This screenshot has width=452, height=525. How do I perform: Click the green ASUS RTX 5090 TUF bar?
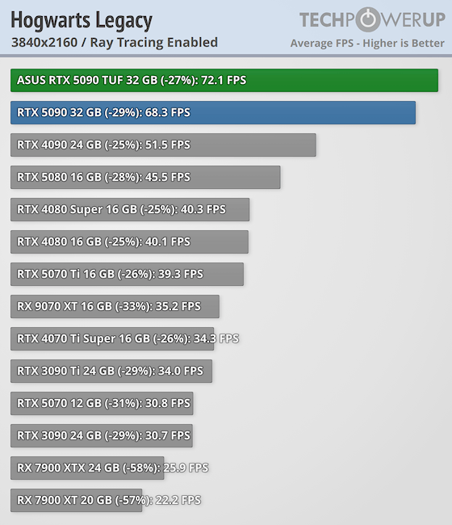pyautogui.click(x=224, y=80)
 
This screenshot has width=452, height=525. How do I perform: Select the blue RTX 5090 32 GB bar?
pyautogui.click(x=213, y=113)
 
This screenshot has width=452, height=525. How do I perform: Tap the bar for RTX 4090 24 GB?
pyautogui.click(x=163, y=145)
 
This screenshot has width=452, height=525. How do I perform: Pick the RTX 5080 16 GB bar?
pyautogui.click(x=145, y=178)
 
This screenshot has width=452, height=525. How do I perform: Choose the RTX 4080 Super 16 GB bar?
pyautogui.click(x=130, y=210)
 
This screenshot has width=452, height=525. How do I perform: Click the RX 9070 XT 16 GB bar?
pyautogui.click(x=115, y=306)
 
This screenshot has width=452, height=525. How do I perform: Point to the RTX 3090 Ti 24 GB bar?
pyautogui.click(x=111, y=371)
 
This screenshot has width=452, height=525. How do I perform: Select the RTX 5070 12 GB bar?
pyautogui.click(x=102, y=404)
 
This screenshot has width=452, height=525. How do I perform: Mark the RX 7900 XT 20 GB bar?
pyautogui.click(x=77, y=500)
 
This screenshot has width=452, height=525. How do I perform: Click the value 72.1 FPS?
pyautogui.click(x=224, y=80)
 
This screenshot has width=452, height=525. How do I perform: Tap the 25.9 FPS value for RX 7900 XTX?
pyautogui.click(x=186, y=468)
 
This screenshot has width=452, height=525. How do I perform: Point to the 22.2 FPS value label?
pyautogui.click(x=178, y=500)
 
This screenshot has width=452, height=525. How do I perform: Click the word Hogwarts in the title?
pyautogui.click(x=51, y=20)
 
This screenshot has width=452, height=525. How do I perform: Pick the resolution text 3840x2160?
pyautogui.click(x=44, y=43)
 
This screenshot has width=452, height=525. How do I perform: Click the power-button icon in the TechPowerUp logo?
pyautogui.click(x=368, y=19)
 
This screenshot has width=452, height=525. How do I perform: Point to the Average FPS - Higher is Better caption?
pyautogui.click(x=367, y=43)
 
